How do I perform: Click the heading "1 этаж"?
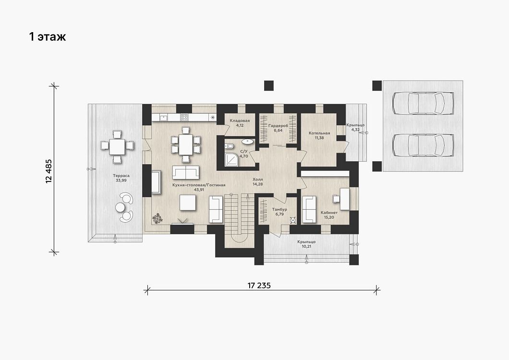(x=48, y=36)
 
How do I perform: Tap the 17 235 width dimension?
(x=259, y=286)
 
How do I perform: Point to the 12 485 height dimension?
(x=49, y=171)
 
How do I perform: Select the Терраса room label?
(x=121, y=176)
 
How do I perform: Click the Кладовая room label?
(x=240, y=121)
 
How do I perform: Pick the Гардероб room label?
(x=278, y=126)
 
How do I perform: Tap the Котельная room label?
(x=319, y=133)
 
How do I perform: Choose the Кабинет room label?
(x=329, y=213)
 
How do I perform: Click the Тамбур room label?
(x=279, y=209)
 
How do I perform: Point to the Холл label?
(x=258, y=179)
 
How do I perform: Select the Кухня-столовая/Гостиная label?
(x=199, y=185)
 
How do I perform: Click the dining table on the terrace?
(x=117, y=147)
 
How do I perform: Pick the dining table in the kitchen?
(x=186, y=144)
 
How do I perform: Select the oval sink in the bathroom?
(x=248, y=142)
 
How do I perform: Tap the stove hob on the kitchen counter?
(x=184, y=117)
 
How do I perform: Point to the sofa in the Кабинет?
(x=309, y=210)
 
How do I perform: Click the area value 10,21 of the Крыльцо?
(x=306, y=246)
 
